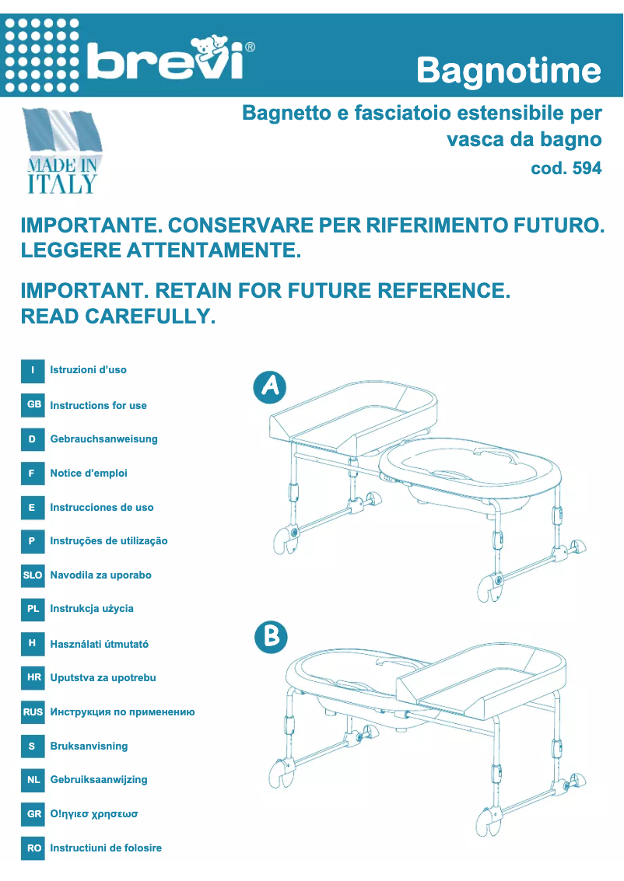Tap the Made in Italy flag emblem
pos(62,152)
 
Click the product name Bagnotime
pos(509,72)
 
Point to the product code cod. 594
pos(566,168)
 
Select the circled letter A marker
pos(270,387)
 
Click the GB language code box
pos(33,405)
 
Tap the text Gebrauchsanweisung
pos(103,439)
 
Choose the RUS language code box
pos(33,711)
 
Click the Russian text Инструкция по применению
pos(122,712)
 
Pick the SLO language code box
pos(33,575)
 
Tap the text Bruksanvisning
pos(89,746)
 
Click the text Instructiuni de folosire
pos(106,848)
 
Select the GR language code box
pos(33,814)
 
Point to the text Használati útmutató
pos(99,644)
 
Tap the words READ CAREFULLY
pos(117,316)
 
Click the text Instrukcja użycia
pos(92,609)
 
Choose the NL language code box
pos(33,779)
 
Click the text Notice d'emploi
pos(89,474)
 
